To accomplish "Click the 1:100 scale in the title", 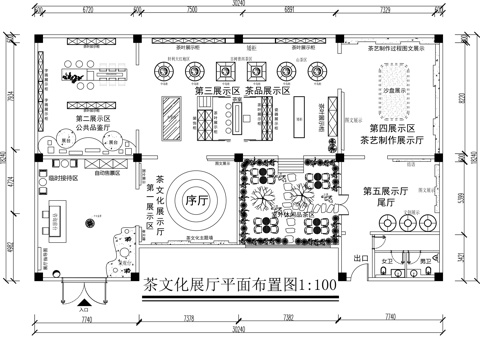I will point(316,285).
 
